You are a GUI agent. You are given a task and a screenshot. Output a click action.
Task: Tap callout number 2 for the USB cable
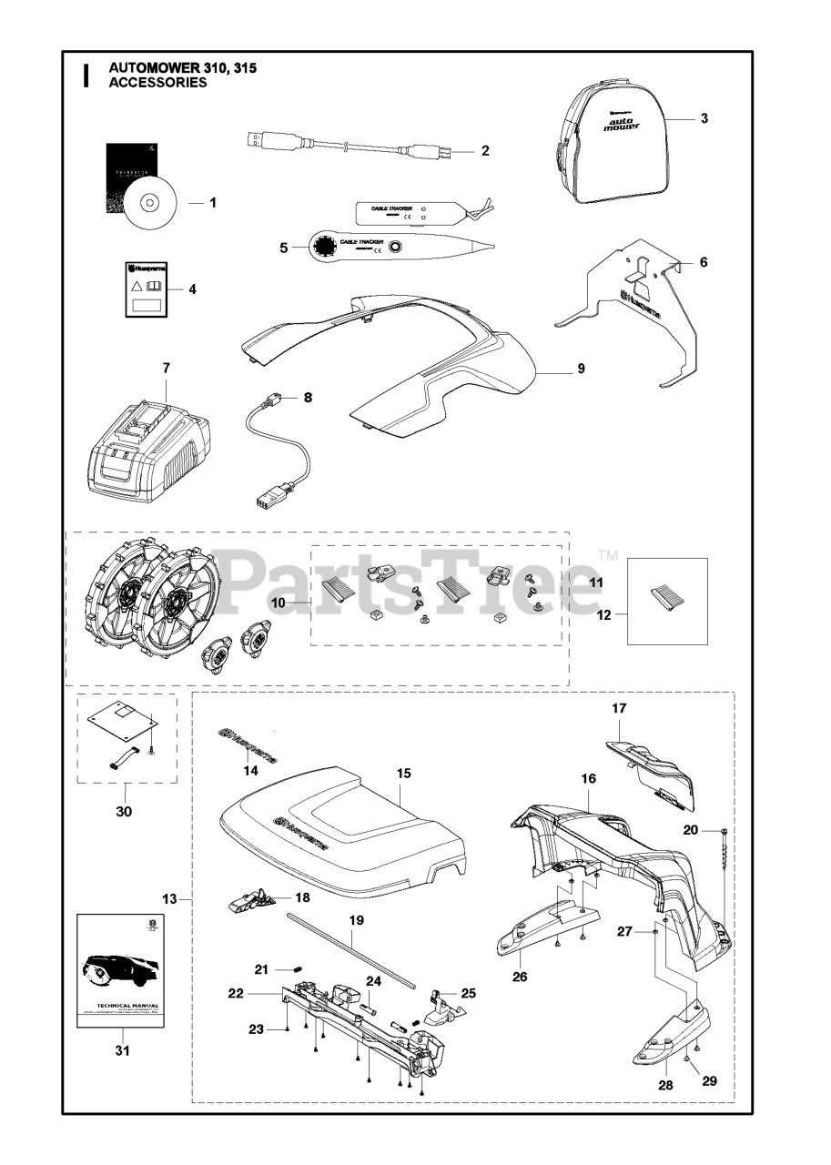tap(485, 150)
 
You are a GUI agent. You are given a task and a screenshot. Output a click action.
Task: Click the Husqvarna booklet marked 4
tap(146, 289)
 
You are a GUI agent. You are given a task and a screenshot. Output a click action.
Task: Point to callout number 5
tap(283, 247)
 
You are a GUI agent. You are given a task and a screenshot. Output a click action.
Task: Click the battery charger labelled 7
tap(151, 441)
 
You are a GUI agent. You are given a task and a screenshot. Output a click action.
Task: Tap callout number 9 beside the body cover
tap(581, 369)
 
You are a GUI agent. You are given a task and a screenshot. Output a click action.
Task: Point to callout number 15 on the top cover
tap(404, 774)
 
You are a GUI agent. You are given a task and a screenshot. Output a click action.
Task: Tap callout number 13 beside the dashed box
tap(169, 899)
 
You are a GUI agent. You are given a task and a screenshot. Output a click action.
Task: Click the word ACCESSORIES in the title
tap(157, 83)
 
